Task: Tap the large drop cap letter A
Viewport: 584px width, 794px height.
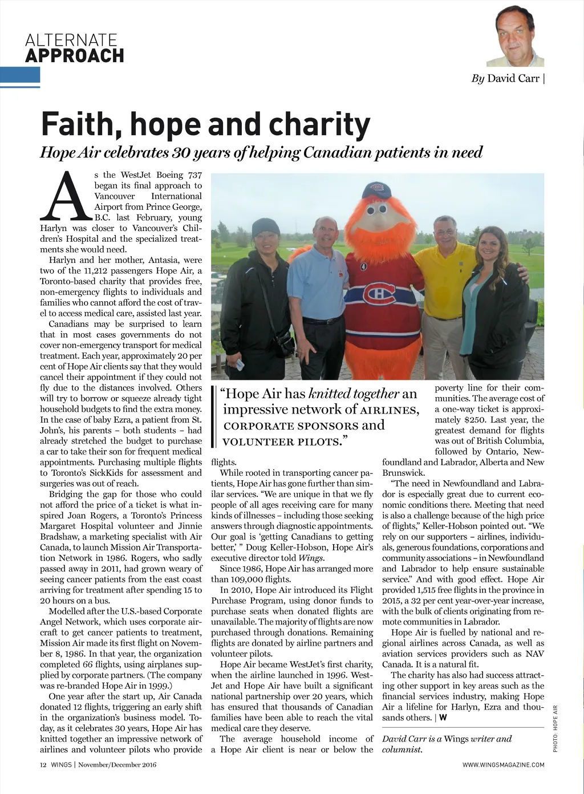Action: pos(66,197)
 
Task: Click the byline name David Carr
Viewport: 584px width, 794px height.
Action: pos(513,79)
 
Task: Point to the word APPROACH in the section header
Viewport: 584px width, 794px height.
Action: pos(75,55)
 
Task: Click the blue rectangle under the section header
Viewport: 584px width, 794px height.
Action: pos(20,77)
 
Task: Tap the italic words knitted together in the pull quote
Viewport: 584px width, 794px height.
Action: pos(353,394)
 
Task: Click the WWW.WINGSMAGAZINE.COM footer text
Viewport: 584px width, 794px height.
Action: pos(503,765)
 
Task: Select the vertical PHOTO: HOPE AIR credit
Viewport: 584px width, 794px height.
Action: pos(555,728)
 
